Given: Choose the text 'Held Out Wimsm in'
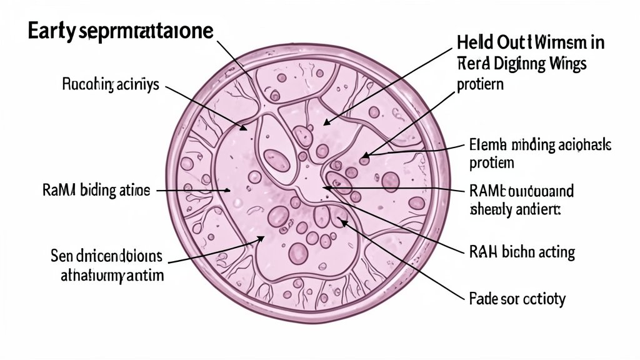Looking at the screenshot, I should click(531, 43).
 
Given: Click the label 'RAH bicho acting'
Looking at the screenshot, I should click(521, 252).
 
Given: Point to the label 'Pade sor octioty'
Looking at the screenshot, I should click(516, 299).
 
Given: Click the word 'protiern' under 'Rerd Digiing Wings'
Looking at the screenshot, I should click(480, 84).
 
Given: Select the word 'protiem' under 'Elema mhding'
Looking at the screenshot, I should click(491, 164).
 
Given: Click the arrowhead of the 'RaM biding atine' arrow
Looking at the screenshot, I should click(231, 191).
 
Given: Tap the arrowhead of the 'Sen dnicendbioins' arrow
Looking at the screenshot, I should click(266, 237).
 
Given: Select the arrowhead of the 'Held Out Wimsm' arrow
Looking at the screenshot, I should click(324, 123).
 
